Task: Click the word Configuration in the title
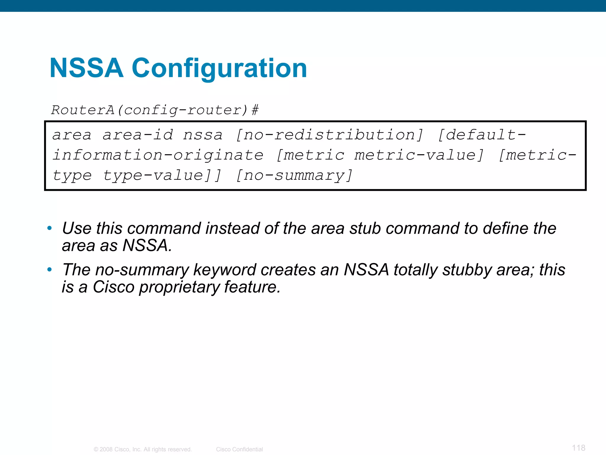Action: coord(219,69)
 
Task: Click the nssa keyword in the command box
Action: coord(203,135)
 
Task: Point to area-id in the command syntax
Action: coord(138,135)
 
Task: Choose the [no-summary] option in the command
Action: coord(294,175)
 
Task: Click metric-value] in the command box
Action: coord(419,155)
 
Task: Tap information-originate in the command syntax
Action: coord(158,155)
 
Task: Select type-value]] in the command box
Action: coord(162,175)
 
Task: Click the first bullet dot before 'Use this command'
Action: coord(49,228)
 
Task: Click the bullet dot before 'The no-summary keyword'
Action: coord(49,270)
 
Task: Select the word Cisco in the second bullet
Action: coord(113,287)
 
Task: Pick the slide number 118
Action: coord(578,448)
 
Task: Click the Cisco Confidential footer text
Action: coord(239,449)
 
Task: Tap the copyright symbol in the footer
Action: coord(96,449)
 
